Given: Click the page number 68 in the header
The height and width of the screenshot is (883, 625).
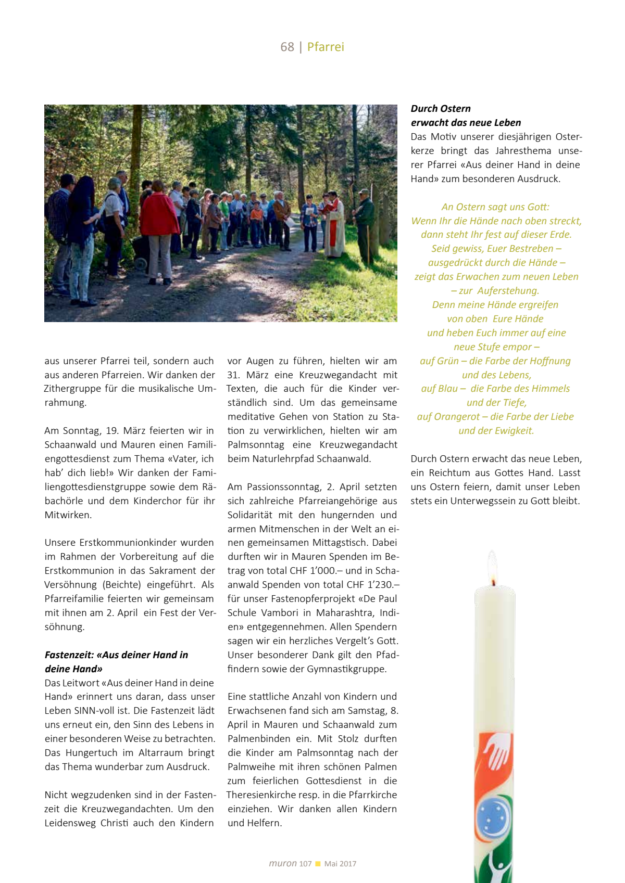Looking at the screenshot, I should pos(287,47).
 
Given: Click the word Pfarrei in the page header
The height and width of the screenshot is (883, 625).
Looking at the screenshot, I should pos(326,47).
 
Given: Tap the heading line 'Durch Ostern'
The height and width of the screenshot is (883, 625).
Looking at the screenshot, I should pos(441,109).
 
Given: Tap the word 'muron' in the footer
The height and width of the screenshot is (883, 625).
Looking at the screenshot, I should pos(282,863).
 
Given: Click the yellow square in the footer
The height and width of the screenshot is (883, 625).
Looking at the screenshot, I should pos(318,864).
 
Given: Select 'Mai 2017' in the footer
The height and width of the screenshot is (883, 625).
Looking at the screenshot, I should pos(340,864).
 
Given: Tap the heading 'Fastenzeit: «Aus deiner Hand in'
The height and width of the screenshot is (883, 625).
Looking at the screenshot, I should pos(116,655).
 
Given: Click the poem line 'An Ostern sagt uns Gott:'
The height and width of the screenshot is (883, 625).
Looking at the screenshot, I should pos(495,207).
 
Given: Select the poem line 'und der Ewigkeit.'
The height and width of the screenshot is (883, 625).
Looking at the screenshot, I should pos(496,431).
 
